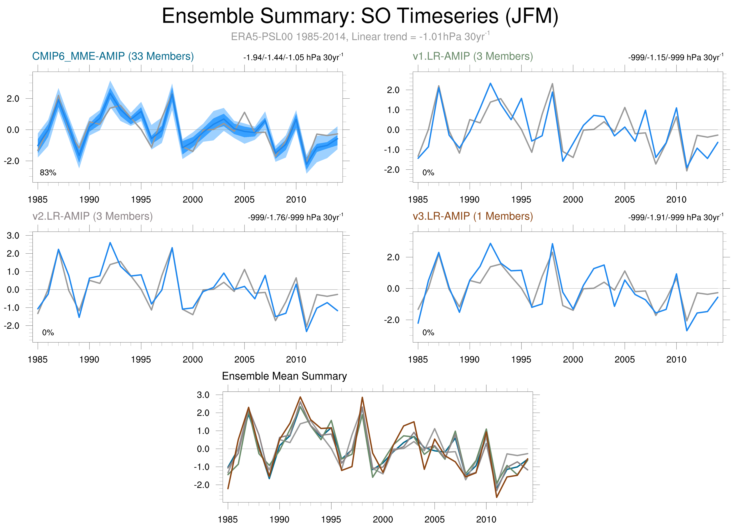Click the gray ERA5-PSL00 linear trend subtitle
(x=360, y=36)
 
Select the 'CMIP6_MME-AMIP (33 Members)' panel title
(x=113, y=56)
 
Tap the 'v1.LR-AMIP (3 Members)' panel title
(x=473, y=56)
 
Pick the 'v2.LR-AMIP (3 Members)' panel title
(x=93, y=216)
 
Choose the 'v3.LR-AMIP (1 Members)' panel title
(x=473, y=216)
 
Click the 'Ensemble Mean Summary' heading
(x=284, y=376)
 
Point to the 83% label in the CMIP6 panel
(x=48, y=173)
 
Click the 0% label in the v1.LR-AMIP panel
(x=428, y=173)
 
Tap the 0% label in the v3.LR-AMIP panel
(x=428, y=333)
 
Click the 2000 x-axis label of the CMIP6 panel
(x=192, y=200)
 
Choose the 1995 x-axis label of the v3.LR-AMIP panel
(x=521, y=359)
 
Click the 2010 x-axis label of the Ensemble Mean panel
(x=486, y=519)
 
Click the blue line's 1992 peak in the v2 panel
(x=110, y=243)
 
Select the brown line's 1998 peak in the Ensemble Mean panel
(x=362, y=397)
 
